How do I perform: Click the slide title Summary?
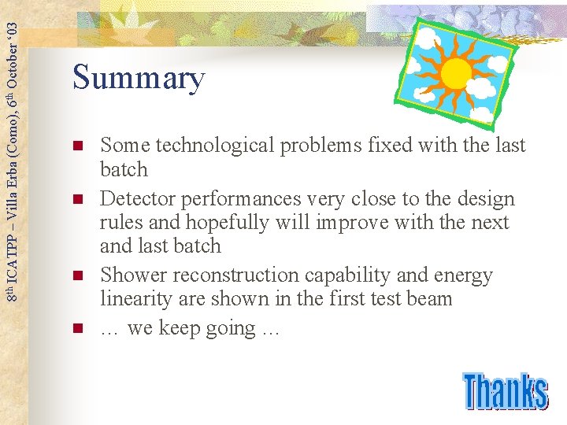139,79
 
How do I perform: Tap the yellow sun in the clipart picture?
456,73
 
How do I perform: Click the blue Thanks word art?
504,391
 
